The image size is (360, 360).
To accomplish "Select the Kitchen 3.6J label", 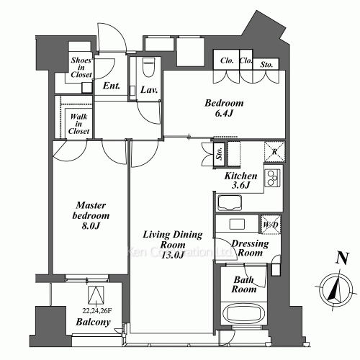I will tap(240, 181).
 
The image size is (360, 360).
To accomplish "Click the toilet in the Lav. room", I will tap(148, 68).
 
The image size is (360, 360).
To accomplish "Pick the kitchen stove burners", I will tap(274, 179).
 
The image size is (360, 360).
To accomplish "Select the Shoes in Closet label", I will tap(80, 67).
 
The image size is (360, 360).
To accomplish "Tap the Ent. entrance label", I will tap(112, 87).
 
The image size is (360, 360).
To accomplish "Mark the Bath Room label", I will tap(244, 285).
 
